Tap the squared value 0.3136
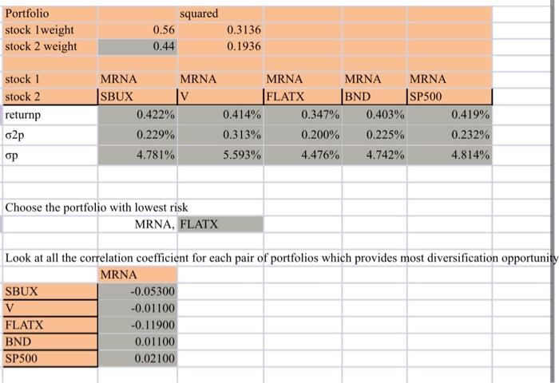(x=244, y=30)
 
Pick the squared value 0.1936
(x=244, y=46)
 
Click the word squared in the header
(x=199, y=14)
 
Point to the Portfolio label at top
(x=27, y=14)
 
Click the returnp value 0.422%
(x=156, y=115)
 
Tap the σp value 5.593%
(x=243, y=152)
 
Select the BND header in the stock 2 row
(x=358, y=97)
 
